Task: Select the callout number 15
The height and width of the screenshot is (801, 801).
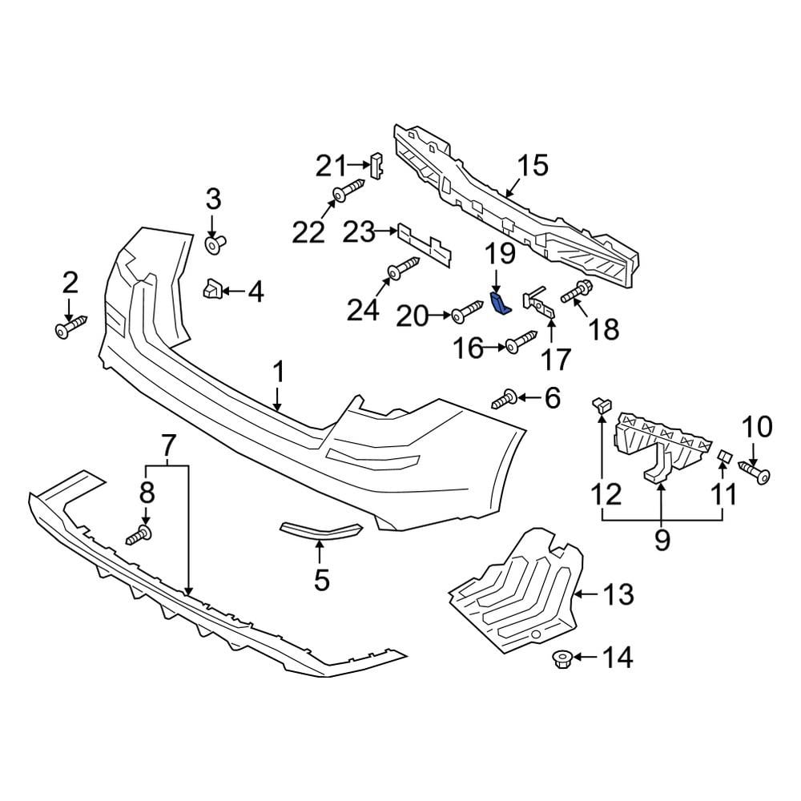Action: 532,166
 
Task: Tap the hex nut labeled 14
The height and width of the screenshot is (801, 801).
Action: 560,658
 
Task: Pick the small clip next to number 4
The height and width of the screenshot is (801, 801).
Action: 211,289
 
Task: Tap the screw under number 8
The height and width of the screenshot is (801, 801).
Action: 139,534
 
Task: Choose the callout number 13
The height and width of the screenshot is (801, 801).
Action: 618,594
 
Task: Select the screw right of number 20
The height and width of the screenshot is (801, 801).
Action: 466,316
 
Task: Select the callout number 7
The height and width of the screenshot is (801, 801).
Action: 167,441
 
